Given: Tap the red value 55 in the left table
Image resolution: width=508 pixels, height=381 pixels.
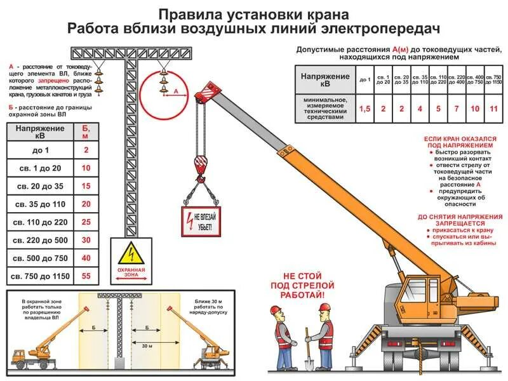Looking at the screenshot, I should tap(86, 276).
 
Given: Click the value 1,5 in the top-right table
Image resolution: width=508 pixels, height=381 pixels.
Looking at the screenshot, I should tap(364, 109).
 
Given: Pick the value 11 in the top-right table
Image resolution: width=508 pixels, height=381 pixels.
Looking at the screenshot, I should tap(493, 109).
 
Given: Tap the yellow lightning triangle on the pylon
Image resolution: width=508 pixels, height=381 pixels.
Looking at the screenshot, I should tap(131, 254).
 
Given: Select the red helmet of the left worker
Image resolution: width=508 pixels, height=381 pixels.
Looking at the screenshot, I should tap(275, 310).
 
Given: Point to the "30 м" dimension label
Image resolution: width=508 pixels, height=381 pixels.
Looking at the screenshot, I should tap(147, 346).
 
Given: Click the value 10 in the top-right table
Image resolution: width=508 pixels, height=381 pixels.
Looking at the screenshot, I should tap(475, 109).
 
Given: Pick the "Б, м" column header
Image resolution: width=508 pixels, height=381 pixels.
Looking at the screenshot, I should tap(86, 131).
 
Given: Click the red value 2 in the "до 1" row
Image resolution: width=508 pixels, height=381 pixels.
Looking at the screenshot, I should tap(86, 150).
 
